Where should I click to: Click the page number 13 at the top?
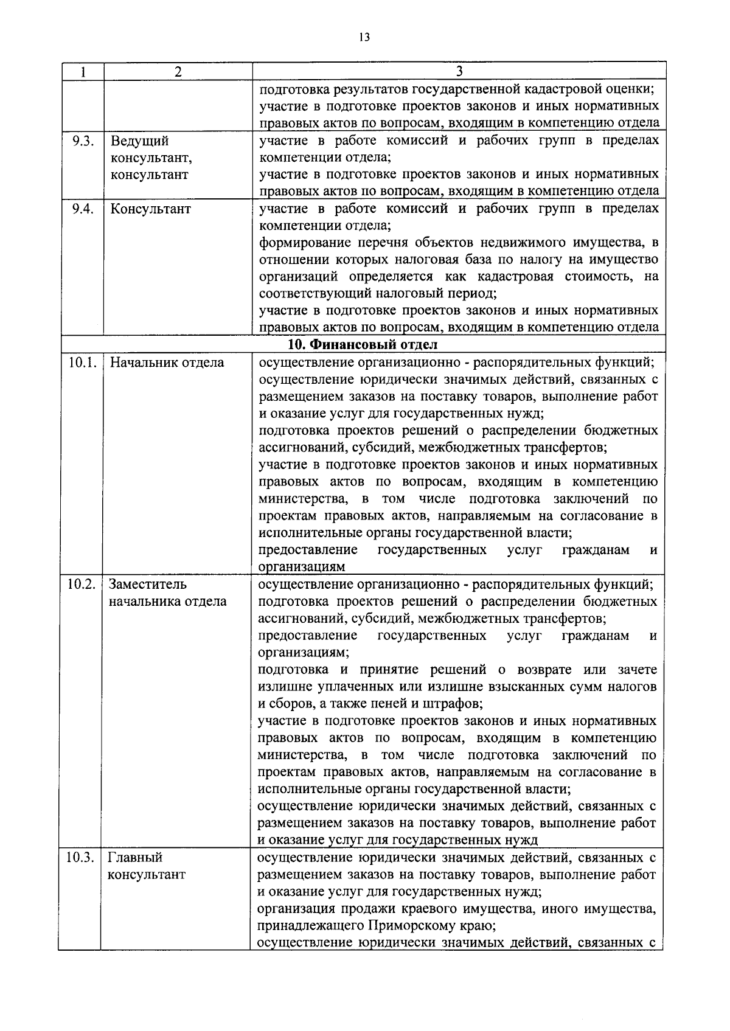(364, 37)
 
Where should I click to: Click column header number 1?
(82, 72)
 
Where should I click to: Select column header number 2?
(177, 72)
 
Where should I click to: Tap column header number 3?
(459, 71)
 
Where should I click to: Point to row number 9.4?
(82, 209)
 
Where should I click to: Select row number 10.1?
(82, 363)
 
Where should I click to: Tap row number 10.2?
(82, 585)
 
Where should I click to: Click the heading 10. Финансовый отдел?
(362, 345)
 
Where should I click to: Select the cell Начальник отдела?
(167, 363)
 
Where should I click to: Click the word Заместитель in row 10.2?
(147, 585)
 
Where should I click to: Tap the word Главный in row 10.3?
(135, 858)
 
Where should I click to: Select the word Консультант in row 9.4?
(150, 209)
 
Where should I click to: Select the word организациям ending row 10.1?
(302, 567)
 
